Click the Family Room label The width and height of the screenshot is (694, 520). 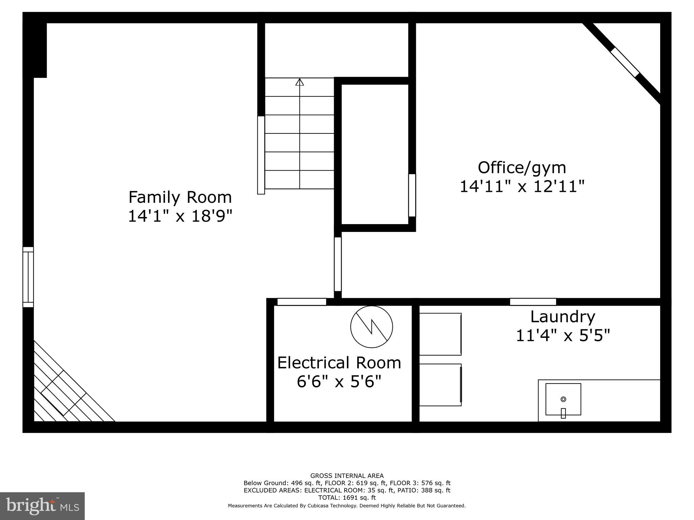pyautogui.click(x=180, y=197)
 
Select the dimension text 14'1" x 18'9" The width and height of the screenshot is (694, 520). pyautogui.click(x=180, y=216)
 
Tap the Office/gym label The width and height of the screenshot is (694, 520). pyautogui.click(x=522, y=168)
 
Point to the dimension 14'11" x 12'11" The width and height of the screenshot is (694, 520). pyautogui.click(x=522, y=186)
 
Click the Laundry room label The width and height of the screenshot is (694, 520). pyautogui.click(x=563, y=317)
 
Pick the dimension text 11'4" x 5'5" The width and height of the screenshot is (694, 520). pyautogui.click(x=563, y=336)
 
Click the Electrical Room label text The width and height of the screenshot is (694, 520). pyautogui.click(x=339, y=363)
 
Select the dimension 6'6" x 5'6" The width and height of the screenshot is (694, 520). pyautogui.click(x=339, y=382)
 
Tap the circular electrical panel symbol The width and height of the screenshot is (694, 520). pyautogui.click(x=371, y=327)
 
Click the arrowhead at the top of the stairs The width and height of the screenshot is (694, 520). pyautogui.click(x=300, y=82)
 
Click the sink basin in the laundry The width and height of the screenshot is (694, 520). pyautogui.click(x=563, y=399)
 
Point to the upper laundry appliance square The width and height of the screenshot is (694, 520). pyautogui.click(x=440, y=334)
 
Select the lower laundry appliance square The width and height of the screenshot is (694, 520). pyautogui.click(x=440, y=385)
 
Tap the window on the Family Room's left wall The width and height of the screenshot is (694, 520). pyautogui.click(x=28, y=277)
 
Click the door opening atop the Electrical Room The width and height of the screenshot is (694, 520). pyautogui.click(x=302, y=302)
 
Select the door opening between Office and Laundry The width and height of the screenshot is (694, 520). pyautogui.click(x=533, y=302)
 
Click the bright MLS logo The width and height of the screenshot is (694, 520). pyautogui.click(x=42, y=506)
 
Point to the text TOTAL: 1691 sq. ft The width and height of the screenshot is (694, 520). pyautogui.click(x=347, y=498)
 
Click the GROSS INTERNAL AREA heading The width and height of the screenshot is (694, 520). pyautogui.click(x=347, y=476)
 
